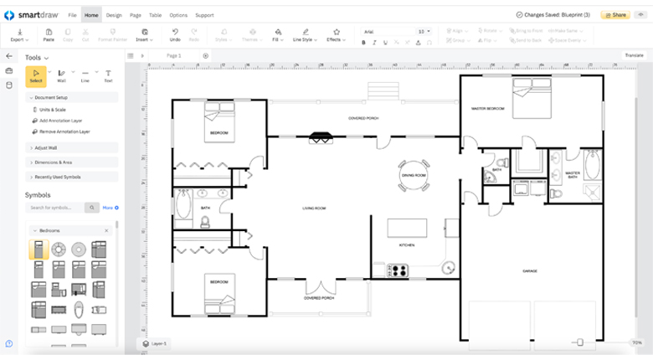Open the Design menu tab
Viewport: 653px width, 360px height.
click(x=114, y=15)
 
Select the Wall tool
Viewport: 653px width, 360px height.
click(x=61, y=76)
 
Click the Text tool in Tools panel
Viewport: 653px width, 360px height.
click(x=108, y=76)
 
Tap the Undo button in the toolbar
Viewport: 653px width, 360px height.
click(x=175, y=34)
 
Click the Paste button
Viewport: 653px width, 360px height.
click(x=49, y=34)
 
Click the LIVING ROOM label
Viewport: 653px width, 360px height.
click(x=314, y=208)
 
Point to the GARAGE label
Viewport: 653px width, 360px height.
click(x=530, y=270)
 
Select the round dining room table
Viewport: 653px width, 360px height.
click(x=414, y=174)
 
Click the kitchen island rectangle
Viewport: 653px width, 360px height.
click(x=406, y=229)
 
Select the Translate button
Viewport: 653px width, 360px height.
click(x=634, y=55)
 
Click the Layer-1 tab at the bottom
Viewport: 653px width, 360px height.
click(x=154, y=343)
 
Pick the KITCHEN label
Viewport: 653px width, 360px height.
click(x=407, y=245)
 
